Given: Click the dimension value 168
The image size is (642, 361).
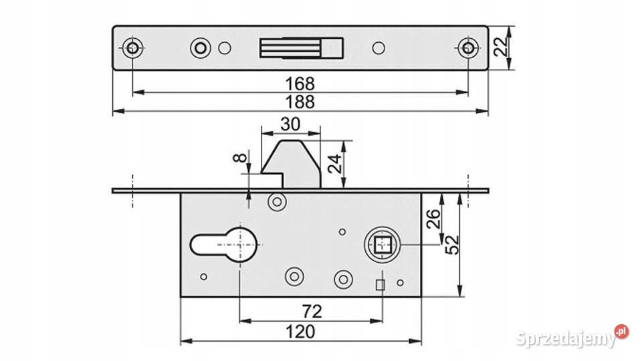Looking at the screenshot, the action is click(300, 84).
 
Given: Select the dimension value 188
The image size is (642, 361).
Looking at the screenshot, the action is click(300, 102).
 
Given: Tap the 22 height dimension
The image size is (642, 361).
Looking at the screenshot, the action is click(500, 47).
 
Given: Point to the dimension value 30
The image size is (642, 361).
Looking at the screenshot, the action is click(291, 124).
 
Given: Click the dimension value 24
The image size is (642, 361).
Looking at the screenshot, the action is click(334, 164).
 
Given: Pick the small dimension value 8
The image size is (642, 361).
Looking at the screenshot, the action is click(240, 157).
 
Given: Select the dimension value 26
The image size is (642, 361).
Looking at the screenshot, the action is click(433, 219).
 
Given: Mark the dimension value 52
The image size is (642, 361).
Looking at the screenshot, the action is click(452, 245).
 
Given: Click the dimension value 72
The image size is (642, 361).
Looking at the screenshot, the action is click(312, 312).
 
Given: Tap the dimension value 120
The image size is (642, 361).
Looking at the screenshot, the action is click(300, 332).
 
